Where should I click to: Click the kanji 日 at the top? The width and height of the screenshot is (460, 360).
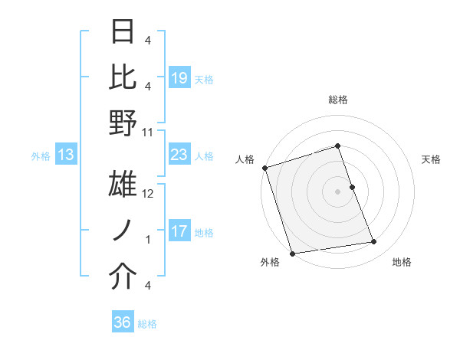click(x=123, y=32)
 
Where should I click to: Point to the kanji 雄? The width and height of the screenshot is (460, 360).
click(x=123, y=185)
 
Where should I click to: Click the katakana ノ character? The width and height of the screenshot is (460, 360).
click(x=123, y=231)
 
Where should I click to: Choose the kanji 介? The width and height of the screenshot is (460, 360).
click(x=123, y=277)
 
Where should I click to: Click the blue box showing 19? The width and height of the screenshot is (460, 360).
click(x=179, y=77)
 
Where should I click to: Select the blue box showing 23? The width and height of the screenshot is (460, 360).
click(x=179, y=155)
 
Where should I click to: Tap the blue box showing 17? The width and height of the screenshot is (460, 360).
click(x=179, y=232)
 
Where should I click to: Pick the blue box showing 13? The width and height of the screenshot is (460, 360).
click(x=66, y=155)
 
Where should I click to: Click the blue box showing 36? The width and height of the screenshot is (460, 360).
click(x=123, y=322)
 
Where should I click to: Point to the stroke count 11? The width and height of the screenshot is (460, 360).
click(x=148, y=132)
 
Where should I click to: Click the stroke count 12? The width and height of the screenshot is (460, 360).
click(x=149, y=194)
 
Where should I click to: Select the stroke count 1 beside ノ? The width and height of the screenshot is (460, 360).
click(x=148, y=240)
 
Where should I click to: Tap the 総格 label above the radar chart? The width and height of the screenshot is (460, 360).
click(x=337, y=100)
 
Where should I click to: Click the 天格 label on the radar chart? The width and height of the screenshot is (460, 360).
click(x=431, y=159)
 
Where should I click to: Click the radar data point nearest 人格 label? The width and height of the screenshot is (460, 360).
click(x=264, y=167)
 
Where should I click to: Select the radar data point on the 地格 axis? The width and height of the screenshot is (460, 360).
click(x=374, y=242)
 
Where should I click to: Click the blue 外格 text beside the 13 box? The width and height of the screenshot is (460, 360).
click(x=41, y=156)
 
